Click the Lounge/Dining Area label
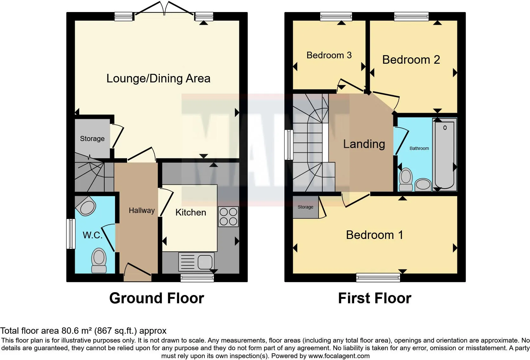(x=158, y=78)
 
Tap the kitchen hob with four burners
(x=228, y=216)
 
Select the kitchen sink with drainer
(x=197, y=262)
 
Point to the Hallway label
(x=142, y=210)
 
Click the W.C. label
(x=92, y=235)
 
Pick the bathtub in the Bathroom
(x=444, y=155)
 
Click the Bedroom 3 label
(x=329, y=55)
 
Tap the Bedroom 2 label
(x=411, y=60)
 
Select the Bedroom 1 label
(x=374, y=235)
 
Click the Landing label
(x=364, y=144)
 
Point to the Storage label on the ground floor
(x=92, y=138)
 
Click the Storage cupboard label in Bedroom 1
(x=305, y=207)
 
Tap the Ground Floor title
(x=157, y=298)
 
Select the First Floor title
(x=374, y=298)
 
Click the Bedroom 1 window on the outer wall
(x=378, y=278)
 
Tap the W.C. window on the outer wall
(x=70, y=234)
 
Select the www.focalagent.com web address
(x=339, y=356)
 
